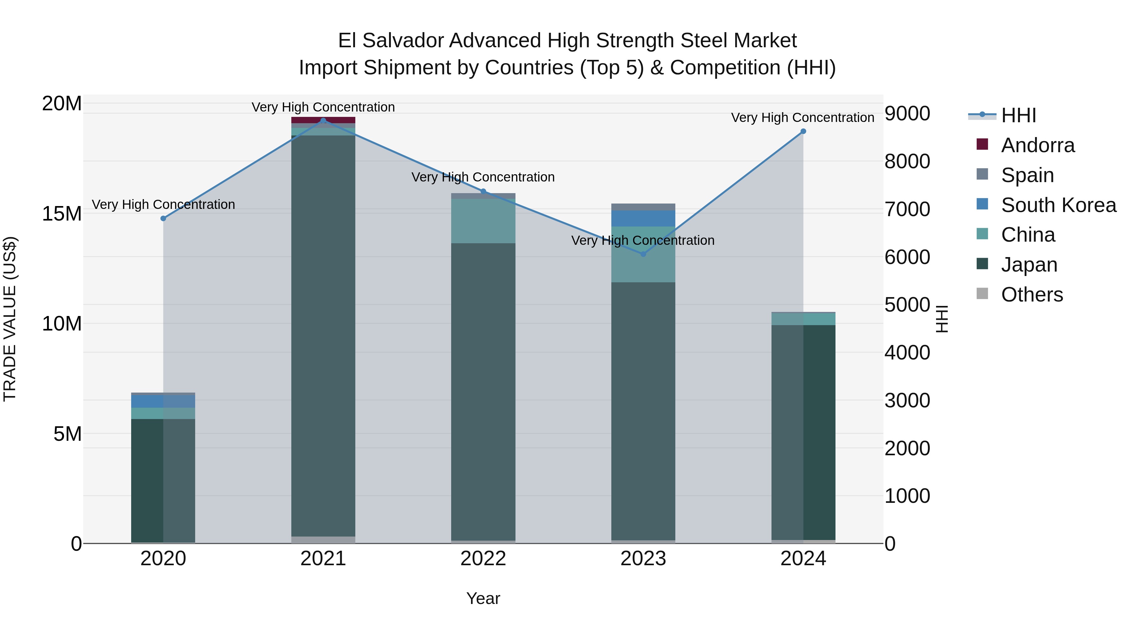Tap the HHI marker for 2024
(803, 131)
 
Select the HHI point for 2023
(643, 254)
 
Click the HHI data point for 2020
(163, 218)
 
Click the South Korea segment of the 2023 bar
(643, 218)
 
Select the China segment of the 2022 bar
(483, 221)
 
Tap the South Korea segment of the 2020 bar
(163, 401)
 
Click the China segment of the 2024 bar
(803, 319)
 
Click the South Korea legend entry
(1058, 205)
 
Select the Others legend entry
(1032, 295)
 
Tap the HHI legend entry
(1018, 115)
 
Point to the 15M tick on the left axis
(62, 214)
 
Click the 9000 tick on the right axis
(907, 114)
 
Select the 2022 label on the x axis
(483, 559)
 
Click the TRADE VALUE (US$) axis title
(10, 319)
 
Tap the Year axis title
(483, 598)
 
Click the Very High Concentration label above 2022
(483, 177)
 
